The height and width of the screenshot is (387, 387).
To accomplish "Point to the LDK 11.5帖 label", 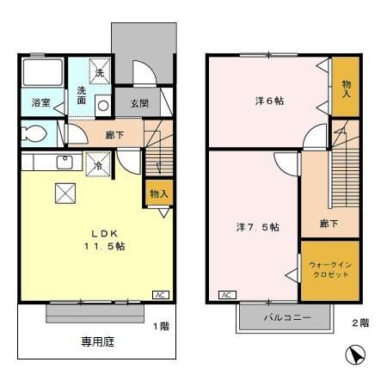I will click(x=104, y=240).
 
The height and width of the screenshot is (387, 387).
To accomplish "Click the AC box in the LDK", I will click(x=161, y=294).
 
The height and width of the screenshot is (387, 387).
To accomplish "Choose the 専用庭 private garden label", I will click(x=98, y=341).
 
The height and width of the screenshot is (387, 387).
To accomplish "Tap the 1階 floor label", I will click(x=161, y=326).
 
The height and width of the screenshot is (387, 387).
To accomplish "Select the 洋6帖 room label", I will click(x=270, y=101).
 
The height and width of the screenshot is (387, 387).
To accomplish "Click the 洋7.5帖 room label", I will click(x=258, y=228).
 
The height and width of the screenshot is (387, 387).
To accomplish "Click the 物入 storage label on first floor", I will click(x=158, y=193).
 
